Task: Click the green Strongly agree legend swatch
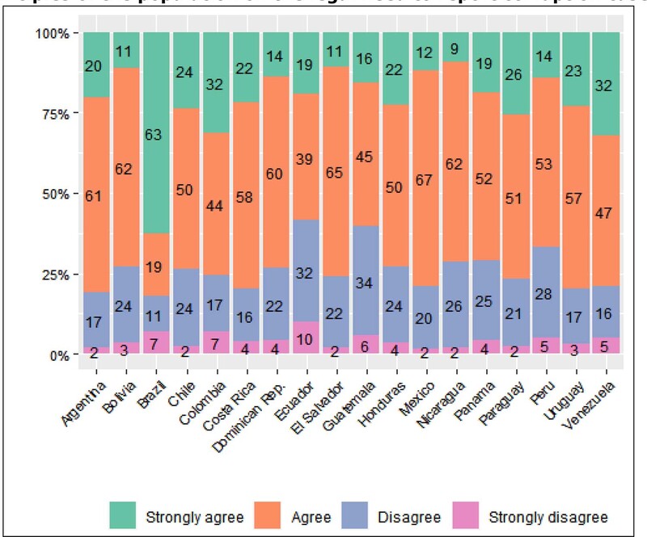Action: point(122,515)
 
